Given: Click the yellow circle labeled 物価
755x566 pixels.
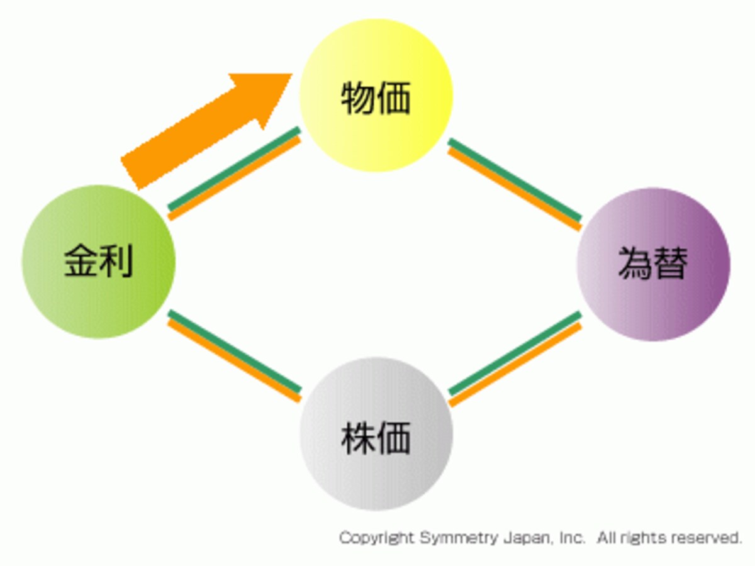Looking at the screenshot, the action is pos(376,95).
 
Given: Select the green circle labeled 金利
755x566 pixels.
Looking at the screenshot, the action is pos(99,262).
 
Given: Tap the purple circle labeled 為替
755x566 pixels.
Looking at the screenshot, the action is pos(654,264).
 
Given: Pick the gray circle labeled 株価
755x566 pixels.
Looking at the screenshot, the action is pos(376,434).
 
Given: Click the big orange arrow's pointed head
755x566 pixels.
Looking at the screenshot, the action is pos(292,74).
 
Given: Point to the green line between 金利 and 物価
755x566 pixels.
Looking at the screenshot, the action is pos(234,169).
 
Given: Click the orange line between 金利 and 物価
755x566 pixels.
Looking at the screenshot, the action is pos(235,179).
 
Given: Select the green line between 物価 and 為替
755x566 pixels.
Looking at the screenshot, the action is pos(515,180).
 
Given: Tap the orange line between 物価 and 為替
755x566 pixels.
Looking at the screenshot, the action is pos(515,189).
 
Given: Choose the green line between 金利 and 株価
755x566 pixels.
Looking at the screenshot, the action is pos(235,352).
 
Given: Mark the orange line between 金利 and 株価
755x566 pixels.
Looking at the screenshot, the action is pos(234,361).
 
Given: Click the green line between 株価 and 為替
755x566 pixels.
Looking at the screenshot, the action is pos(515,353).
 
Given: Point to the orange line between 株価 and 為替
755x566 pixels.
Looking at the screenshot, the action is pos(515,365).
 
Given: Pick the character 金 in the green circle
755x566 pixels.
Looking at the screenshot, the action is pos(81,260).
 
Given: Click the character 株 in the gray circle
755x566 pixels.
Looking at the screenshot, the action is pos(358,438).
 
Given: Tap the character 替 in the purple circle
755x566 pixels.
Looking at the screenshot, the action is pos(671,264).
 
